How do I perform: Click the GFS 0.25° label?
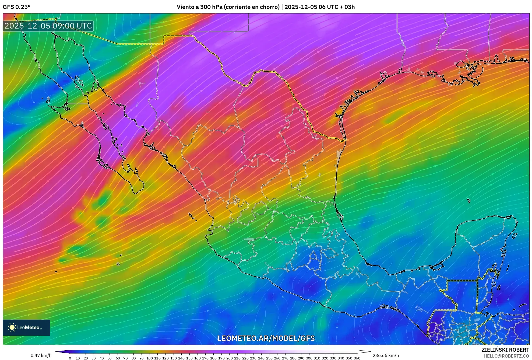coord(16,7)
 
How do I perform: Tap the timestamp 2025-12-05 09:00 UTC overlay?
coord(48,26)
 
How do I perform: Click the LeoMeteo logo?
coord(26,327)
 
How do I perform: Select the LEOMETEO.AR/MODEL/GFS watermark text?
coord(266,338)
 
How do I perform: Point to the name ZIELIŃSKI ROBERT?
coord(505,350)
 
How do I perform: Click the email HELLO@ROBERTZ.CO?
coord(506,356)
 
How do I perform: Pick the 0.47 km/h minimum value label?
coord(41,355)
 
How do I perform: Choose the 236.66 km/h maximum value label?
coord(386,355)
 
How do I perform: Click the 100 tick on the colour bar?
coord(149,358)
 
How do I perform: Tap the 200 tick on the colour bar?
coord(229,358)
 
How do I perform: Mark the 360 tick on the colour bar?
coord(357,358)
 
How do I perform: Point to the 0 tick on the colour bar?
coord(70,358)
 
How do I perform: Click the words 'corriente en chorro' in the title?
coord(252,7)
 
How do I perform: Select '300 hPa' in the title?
coord(211,7)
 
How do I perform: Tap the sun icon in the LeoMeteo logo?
coord(12,327)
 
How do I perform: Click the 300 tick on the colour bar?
coord(309,358)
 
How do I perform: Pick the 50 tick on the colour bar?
coord(110,358)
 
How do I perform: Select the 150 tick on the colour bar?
coord(189,358)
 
